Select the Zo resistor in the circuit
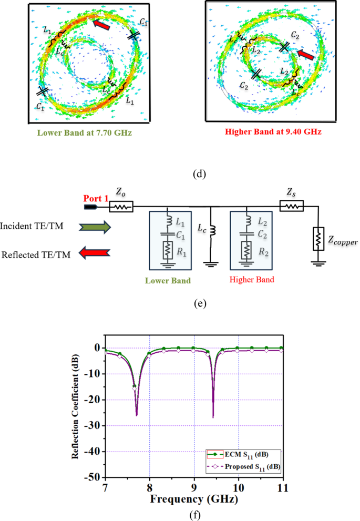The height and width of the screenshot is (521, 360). [121, 208]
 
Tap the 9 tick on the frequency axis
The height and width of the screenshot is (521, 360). [194, 487]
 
